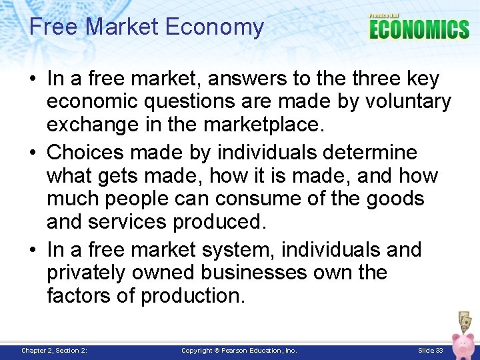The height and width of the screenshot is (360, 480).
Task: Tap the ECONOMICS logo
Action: click(x=419, y=29)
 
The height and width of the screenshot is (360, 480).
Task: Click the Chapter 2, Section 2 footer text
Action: click(x=55, y=350)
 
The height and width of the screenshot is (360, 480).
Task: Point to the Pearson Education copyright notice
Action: click(x=239, y=350)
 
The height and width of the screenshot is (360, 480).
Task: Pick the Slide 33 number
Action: click(x=431, y=350)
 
